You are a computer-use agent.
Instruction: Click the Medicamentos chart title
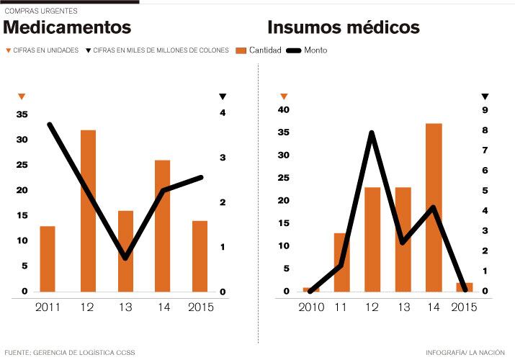pos(68,27)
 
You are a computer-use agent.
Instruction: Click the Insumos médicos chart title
pos(344,27)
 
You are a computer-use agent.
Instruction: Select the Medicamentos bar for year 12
pos(88,210)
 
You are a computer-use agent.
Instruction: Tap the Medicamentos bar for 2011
pos(48,258)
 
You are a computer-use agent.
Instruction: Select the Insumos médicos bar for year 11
pos(341,262)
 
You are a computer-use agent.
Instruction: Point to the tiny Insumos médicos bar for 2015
pos(465,287)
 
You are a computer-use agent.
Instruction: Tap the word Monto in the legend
pos(315,50)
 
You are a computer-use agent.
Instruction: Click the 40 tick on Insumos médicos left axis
pos(284,110)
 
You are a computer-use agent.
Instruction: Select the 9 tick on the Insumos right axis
pos(485,110)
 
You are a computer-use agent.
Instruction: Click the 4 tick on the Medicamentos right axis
pos(223,113)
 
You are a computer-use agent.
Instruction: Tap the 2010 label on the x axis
pos(312,308)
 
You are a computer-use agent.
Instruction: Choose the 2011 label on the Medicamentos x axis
pos(48,308)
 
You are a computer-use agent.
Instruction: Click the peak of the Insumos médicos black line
pos(372,133)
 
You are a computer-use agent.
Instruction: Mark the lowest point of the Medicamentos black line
pos(126,257)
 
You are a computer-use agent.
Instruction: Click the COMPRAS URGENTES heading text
pos(41,12)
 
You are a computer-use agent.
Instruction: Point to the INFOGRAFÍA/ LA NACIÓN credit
pos(467,353)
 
